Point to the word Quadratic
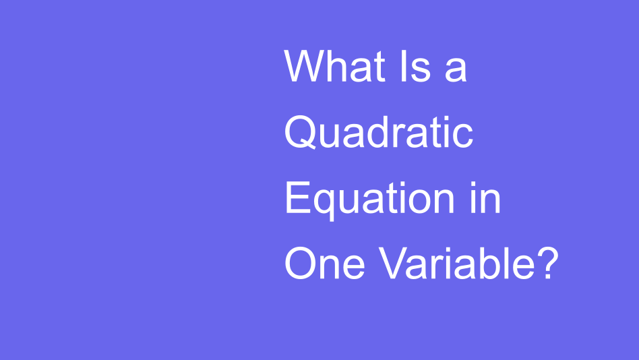[x=378, y=132]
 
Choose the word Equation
[x=369, y=198]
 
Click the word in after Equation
[x=485, y=198]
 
